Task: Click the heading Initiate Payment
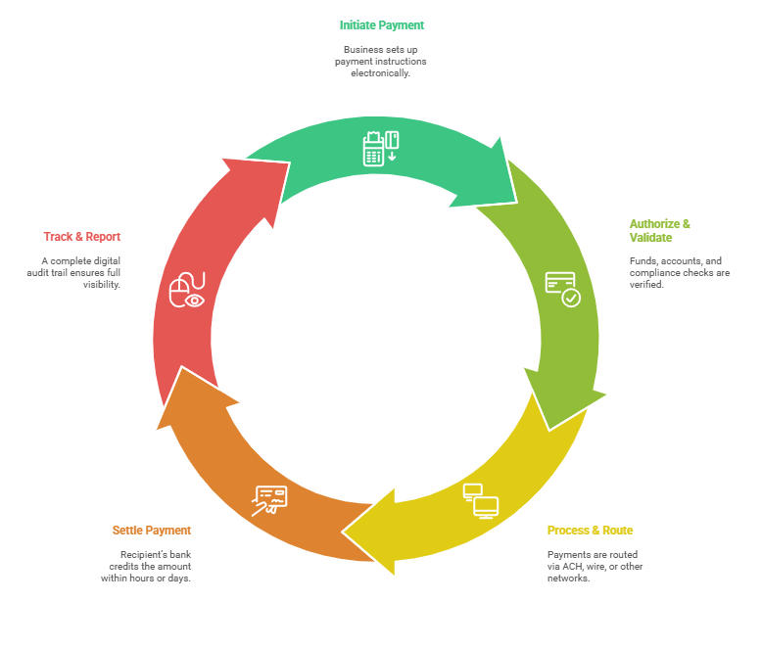tap(382, 24)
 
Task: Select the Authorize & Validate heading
tap(659, 230)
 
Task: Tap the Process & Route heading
tap(590, 531)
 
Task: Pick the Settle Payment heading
tap(151, 530)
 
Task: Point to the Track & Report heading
tap(82, 236)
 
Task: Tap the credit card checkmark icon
tap(562, 288)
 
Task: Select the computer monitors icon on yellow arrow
tap(481, 500)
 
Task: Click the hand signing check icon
tap(269, 499)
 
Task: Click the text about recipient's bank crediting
tap(146, 566)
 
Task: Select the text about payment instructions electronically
tap(380, 61)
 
